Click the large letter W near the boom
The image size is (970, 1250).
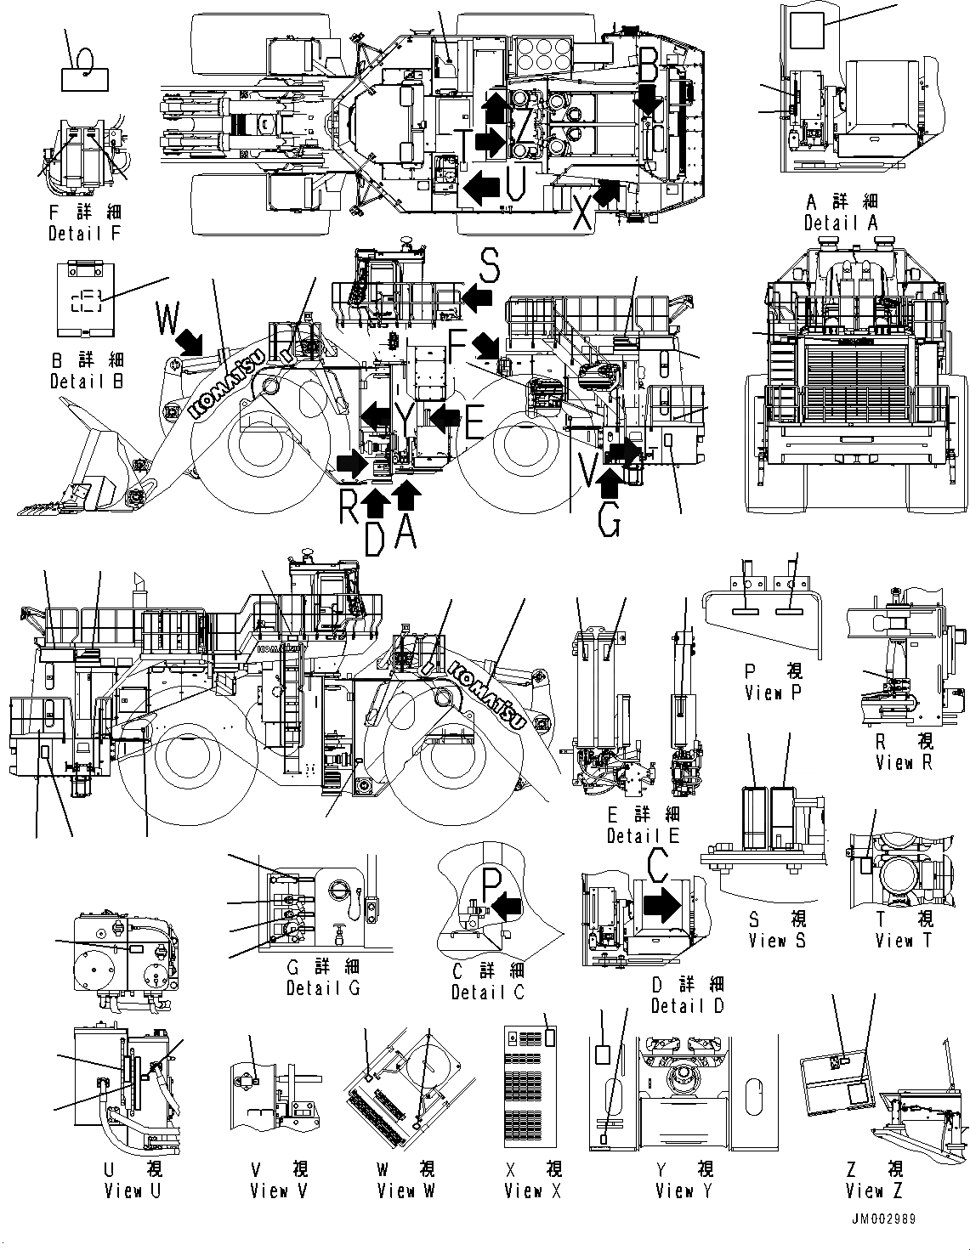168,320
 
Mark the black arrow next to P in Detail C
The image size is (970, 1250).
508,907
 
